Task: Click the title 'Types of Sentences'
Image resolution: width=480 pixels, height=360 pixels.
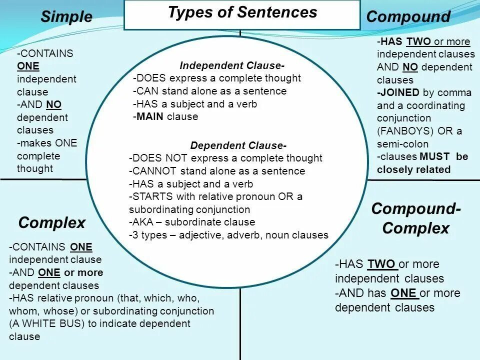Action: (242, 12)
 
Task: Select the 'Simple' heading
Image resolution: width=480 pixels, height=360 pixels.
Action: (66, 17)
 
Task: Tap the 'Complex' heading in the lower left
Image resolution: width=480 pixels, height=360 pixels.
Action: (52, 222)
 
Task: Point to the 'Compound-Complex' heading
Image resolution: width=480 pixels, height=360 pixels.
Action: (416, 218)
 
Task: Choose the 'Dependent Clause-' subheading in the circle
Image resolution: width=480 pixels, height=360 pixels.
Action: (238, 145)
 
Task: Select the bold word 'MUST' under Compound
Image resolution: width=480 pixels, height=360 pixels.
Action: (434, 156)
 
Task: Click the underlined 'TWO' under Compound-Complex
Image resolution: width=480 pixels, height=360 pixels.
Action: (381, 264)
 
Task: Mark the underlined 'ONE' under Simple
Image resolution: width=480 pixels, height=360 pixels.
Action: (27, 66)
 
